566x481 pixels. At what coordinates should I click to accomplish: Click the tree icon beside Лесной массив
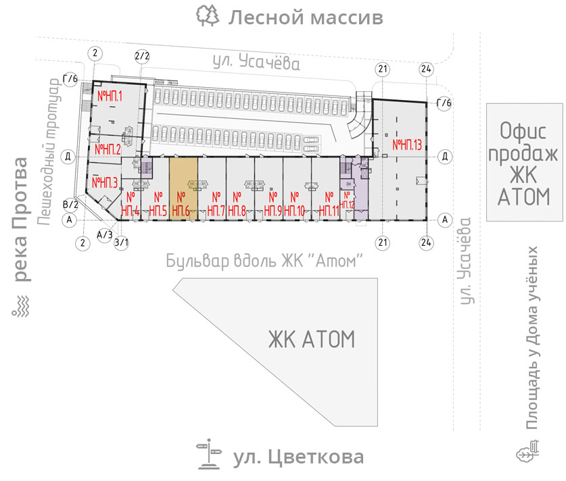click(x=208, y=16)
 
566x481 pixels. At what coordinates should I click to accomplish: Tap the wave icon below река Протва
click(x=20, y=307)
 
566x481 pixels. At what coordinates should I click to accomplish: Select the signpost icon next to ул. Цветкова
click(x=209, y=455)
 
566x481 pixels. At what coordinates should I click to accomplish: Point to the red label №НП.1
click(x=110, y=96)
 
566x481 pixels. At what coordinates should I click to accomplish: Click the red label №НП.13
click(x=407, y=145)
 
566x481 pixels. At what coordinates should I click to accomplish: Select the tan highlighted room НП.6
click(x=183, y=188)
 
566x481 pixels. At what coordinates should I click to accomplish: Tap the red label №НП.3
click(x=105, y=182)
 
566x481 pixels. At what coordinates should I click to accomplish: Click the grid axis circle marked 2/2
click(x=142, y=56)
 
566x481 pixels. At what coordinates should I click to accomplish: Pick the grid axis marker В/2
click(x=71, y=205)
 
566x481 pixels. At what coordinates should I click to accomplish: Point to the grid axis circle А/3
click(x=105, y=234)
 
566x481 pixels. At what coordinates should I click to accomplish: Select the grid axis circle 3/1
click(x=122, y=243)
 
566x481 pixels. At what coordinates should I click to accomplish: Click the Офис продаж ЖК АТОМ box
click(x=525, y=162)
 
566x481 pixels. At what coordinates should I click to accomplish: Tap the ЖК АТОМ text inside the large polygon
click(x=312, y=339)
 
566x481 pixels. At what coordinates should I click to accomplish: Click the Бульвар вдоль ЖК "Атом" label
click(x=264, y=261)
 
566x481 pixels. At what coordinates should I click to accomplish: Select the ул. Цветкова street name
click(x=298, y=457)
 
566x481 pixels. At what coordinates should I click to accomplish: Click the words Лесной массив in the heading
click(x=306, y=18)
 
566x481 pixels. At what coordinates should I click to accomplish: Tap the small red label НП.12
click(x=347, y=201)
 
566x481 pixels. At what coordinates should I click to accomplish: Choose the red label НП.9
click(x=273, y=205)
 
